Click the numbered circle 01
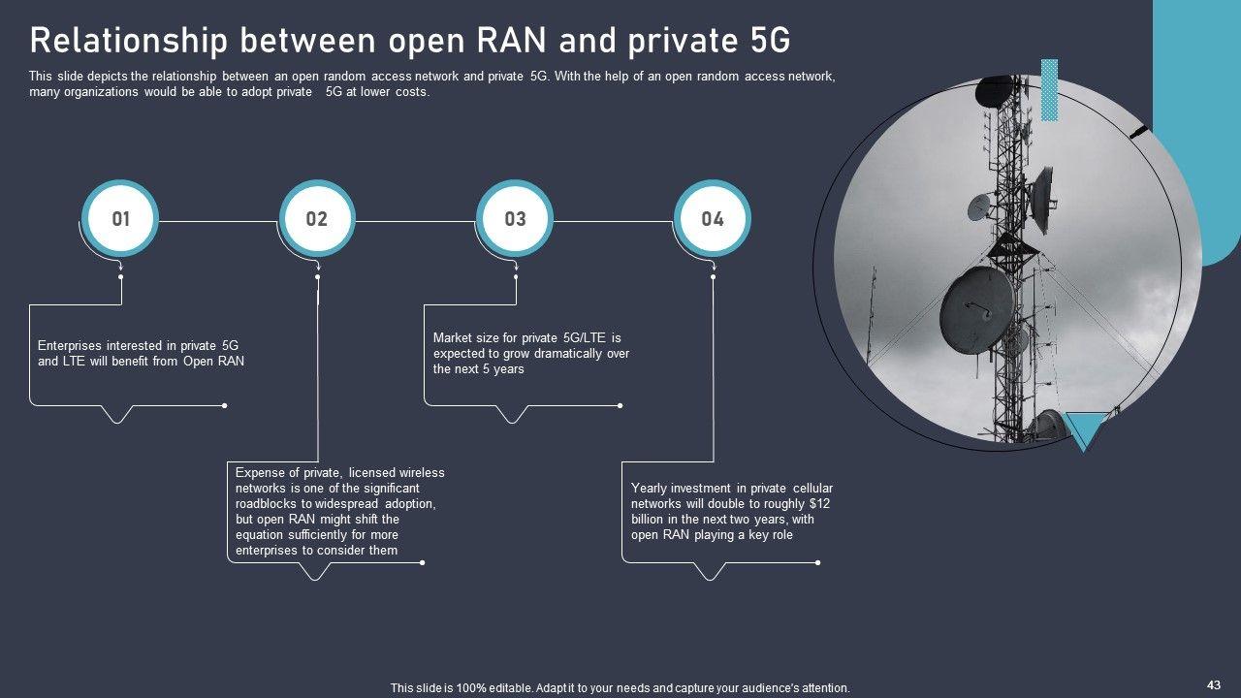120,219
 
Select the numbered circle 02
317,219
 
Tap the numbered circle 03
515,219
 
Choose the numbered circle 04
713,219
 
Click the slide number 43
1214,685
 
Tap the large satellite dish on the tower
976,309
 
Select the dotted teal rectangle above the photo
1049,90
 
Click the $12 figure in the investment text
819,504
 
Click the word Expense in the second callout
258,473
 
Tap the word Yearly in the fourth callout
650,489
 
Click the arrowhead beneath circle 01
120,265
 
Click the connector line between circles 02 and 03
416,221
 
